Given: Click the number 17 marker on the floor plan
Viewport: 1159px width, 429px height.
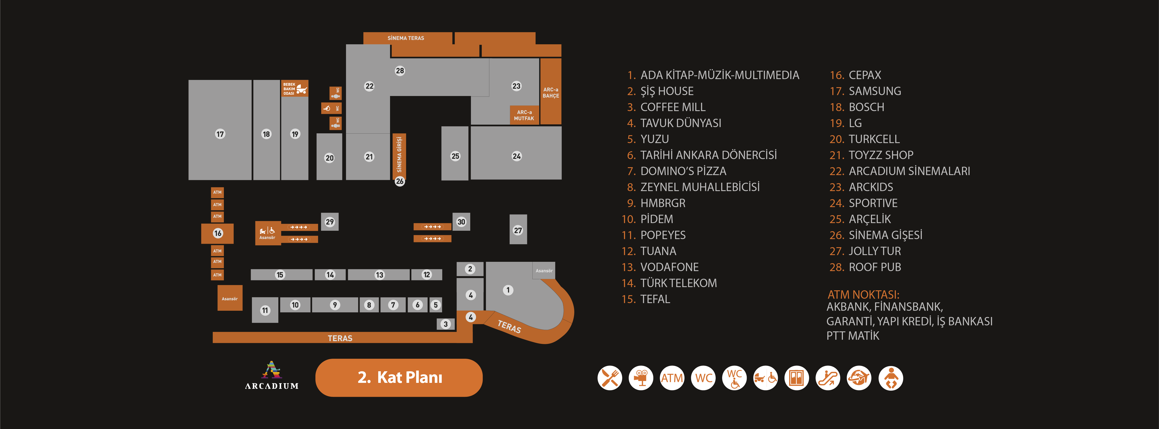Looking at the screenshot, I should click(x=220, y=134).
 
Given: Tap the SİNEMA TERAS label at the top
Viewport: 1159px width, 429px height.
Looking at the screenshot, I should click(x=406, y=38).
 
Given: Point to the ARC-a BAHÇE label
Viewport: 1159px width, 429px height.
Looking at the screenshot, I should click(x=551, y=93).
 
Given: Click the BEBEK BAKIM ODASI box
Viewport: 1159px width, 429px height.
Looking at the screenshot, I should click(x=295, y=89).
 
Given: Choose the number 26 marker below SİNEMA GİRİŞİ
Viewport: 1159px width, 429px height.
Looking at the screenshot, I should click(x=400, y=181).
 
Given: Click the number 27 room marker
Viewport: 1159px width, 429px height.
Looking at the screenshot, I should click(x=518, y=231).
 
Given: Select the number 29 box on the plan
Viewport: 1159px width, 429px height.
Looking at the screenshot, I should click(x=330, y=222).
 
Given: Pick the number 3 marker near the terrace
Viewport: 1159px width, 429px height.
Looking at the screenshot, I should click(x=445, y=324).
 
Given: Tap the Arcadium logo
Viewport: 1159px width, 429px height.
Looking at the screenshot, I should click(x=272, y=375).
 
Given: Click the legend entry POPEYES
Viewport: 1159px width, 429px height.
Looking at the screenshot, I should click(x=663, y=235).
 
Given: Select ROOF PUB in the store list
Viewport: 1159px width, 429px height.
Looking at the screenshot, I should click(x=874, y=267).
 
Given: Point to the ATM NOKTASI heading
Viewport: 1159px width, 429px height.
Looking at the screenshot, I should click(x=864, y=295).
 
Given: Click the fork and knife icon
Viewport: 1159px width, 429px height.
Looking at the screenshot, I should click(x=610, y=378).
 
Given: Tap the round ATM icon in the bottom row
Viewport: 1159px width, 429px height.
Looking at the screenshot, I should click(x=672, y=378).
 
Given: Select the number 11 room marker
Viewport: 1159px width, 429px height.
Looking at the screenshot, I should click(x=265, y=310).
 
